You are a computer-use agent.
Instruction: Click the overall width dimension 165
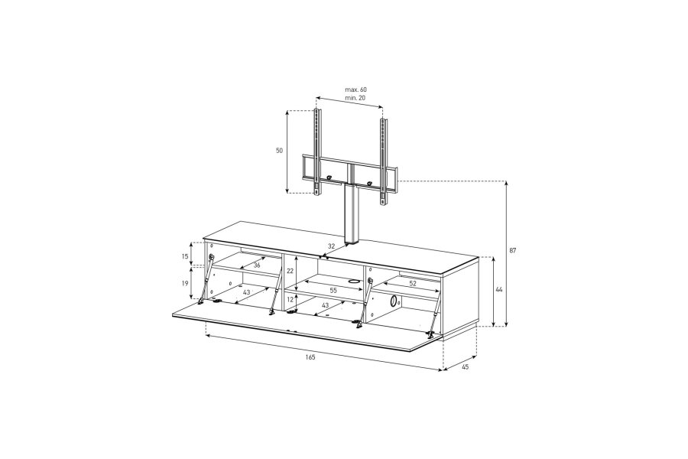click(310, 357)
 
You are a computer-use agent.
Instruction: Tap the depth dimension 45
click(466, 367)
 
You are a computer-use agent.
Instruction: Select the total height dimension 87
click(512, 250)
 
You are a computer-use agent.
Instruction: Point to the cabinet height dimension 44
click(499, 290)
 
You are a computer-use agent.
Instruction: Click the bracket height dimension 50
click(279, 150)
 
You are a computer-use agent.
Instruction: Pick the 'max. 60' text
click(355, 90)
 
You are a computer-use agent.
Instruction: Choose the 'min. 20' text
click(355, 98)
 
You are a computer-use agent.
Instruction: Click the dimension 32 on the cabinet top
click(331, 246)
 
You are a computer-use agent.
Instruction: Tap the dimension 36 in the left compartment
click(257, 265)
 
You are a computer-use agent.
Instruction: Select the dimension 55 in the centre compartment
click(333, 291)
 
